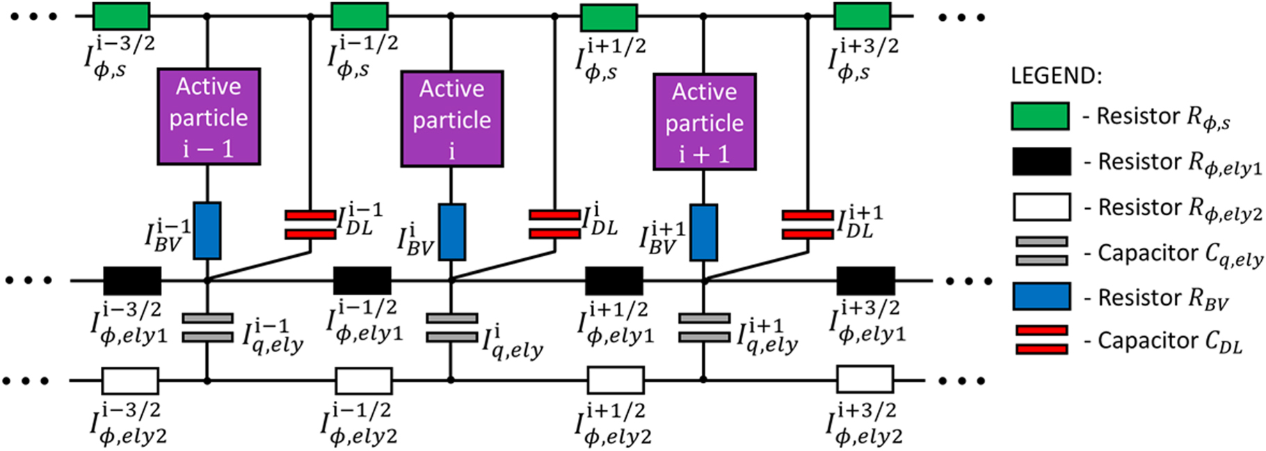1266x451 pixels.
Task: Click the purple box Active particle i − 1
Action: pyautogui.click(x=209, y=116)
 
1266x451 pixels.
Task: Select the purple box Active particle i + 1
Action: pyautogui.click(x=704, y=122)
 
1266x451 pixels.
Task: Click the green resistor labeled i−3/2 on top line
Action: pyautogui.click(x=121, y=16)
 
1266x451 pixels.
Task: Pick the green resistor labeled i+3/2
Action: pyautogui.click(x=862, y=16)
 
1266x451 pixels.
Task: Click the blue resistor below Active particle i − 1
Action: pyautogui.click(x=207, y=230)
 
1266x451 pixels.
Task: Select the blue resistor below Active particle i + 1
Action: pyautogui.click(x=703, y=232)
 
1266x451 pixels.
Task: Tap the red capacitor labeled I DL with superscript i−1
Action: pyautogui.click(x=310, y=225)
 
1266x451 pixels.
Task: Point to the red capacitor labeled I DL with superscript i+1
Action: pyautogui.click(x=807, y=225)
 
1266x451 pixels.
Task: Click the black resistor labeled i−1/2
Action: pyautogui.click(x=362, y=280)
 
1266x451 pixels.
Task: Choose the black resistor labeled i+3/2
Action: pyautogui.click(x=865, y=280)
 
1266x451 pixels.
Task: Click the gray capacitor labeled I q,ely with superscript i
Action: pyautogui.click(x=451, y=328)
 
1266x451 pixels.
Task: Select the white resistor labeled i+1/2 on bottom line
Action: pyautogui.click(x=615, y=381)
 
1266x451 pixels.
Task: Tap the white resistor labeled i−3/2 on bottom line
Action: pyautogui.click(x=130, y=381)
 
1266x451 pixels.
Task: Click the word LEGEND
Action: pyautogui.click(x=1056, y=76)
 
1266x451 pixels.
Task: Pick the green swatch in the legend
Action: pyautogui.click(x=1040, y=116)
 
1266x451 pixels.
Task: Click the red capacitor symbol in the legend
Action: pyautogui.click(x=1041, y=340)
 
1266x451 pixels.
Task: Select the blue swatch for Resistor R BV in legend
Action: pyautogui.click(x=1041, y=296)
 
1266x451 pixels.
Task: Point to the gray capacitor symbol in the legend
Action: pyautogui.click(x=1041, y=251)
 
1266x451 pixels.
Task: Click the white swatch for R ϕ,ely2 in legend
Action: pyautogui.click(x=1041, y=207)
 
